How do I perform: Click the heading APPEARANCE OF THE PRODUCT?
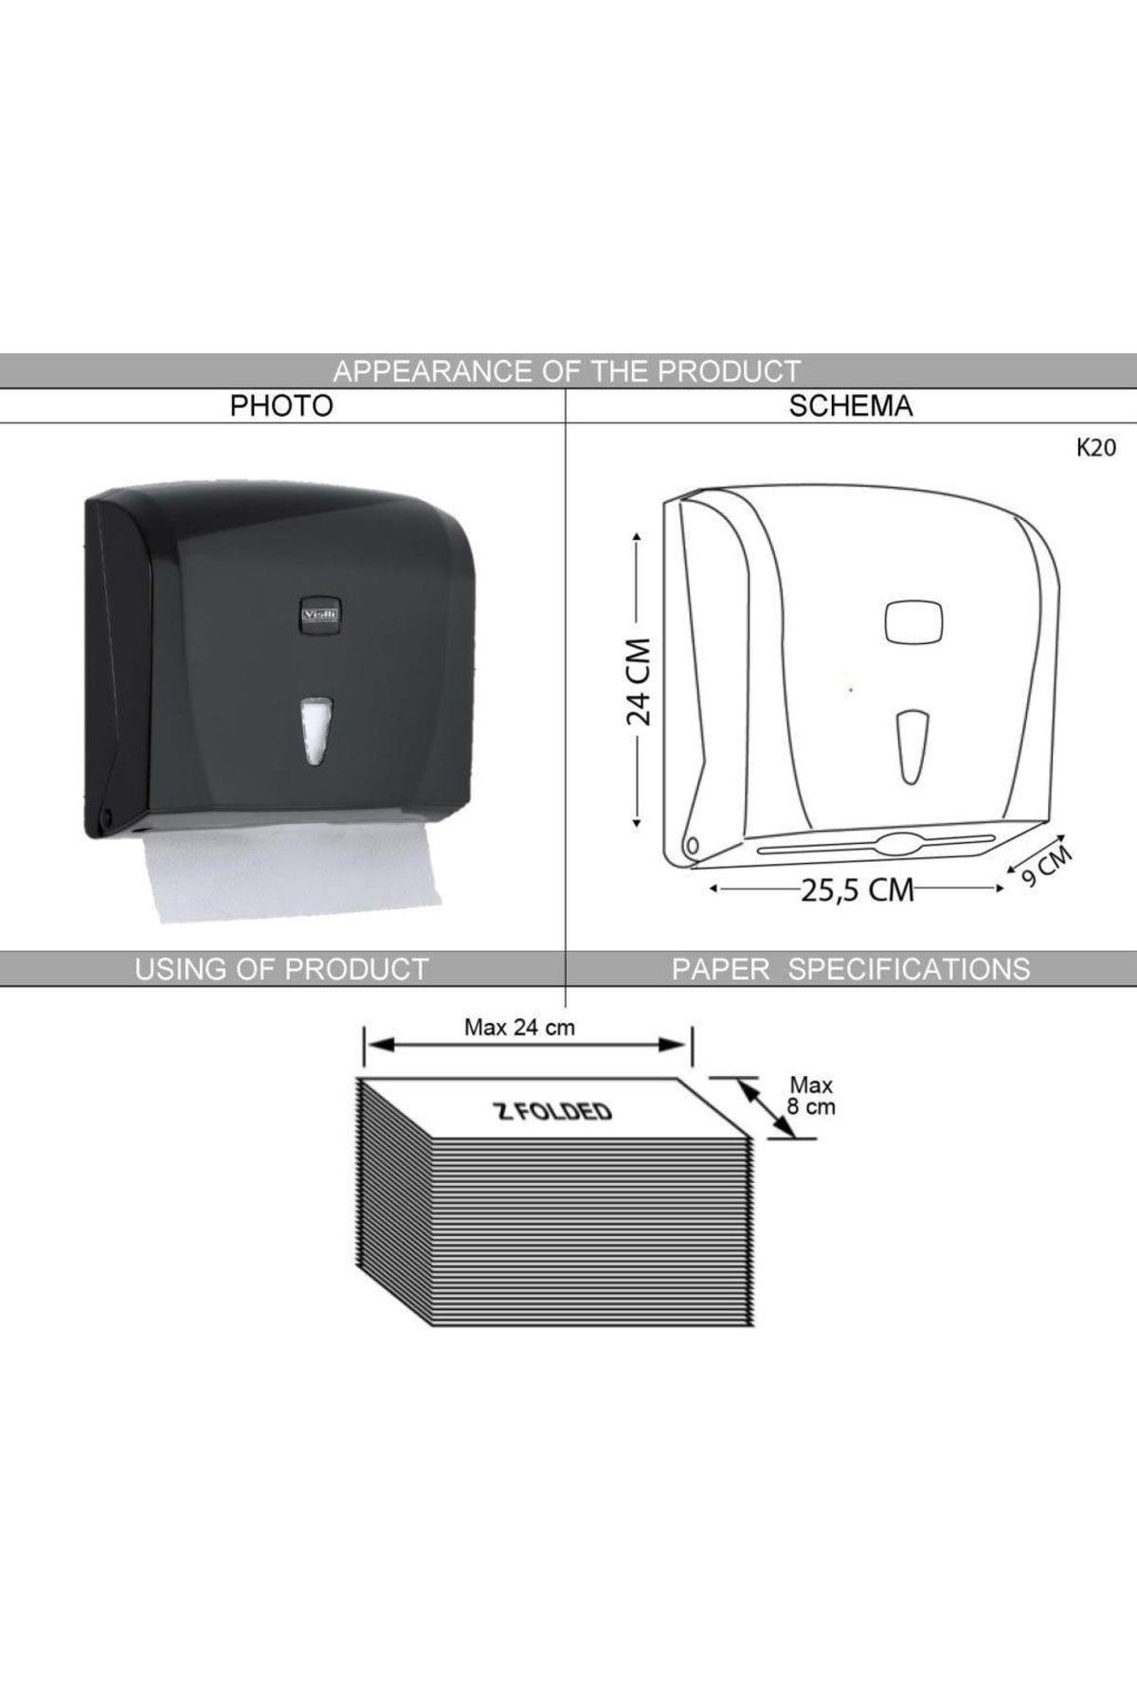pos(567,370)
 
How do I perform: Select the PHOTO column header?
pos(282,406)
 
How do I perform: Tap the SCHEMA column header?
pos(850,406)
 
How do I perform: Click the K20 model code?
pos(1096,449)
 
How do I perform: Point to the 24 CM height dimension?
pos(640,680)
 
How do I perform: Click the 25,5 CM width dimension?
pos(857,890)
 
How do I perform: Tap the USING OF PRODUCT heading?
pos(281,969)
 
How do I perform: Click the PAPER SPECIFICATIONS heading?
pos(850,969)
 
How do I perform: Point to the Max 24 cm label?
pos(519,1028)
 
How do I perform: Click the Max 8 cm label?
pos(811,1096)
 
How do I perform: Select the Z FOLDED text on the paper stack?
pos(554,1111)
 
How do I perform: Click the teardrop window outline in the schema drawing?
pos(913,745)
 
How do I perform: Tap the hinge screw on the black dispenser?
pos(106,814)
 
